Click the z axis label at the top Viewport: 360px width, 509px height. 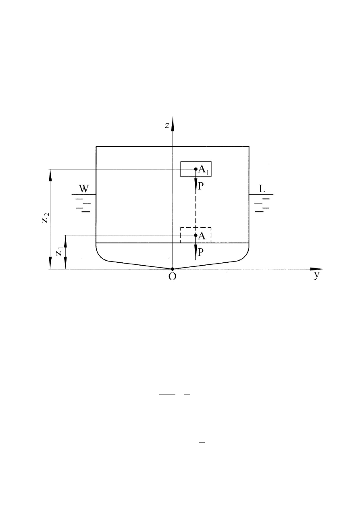pos(167,125)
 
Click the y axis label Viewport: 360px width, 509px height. pos(317,275)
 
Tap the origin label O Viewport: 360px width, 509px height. pos(172,276)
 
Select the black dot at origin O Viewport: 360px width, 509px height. pos(173,269)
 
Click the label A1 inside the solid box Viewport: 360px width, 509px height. pos(204,170)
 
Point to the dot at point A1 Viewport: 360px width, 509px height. pos(196,169)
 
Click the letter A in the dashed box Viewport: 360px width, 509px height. pos(201,236)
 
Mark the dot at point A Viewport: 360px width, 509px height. pos(196,235)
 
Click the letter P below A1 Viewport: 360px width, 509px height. pos(201,186)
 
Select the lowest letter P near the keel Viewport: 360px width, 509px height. pos(200,252)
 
